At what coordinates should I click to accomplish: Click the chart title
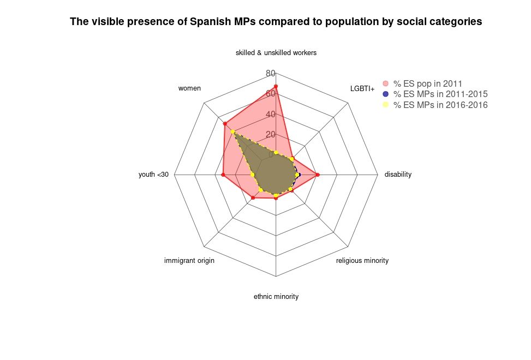276,22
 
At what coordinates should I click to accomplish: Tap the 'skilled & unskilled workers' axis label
276,53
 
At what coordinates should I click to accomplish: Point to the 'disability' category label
398,175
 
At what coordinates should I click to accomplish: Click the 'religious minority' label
362,261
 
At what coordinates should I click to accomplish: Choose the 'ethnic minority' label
276,297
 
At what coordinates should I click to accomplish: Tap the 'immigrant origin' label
189,261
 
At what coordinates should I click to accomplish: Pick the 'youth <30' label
154,175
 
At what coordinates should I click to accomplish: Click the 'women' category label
190,88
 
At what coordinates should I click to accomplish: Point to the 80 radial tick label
270,74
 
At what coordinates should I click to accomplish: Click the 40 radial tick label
270,115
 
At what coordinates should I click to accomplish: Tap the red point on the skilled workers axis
276,86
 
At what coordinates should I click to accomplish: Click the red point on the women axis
224,124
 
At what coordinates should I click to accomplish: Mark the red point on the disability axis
318,175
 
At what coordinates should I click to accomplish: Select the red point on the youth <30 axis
223,175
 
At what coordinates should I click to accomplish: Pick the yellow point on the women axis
232,131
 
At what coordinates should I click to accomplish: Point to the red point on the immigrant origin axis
253,198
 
